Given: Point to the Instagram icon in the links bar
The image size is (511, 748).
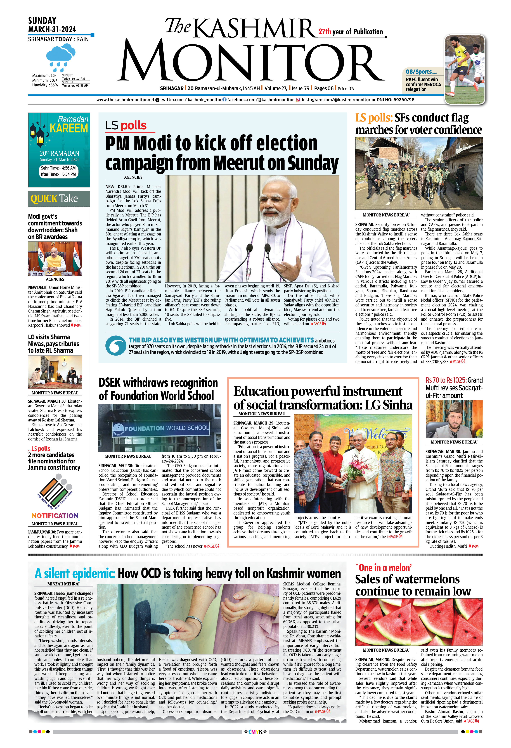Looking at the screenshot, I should (x=298, y=100).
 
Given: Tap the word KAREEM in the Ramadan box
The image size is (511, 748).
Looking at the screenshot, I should (x=69, y=128).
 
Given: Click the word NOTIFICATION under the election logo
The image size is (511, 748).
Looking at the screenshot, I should (x=55, y=516).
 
